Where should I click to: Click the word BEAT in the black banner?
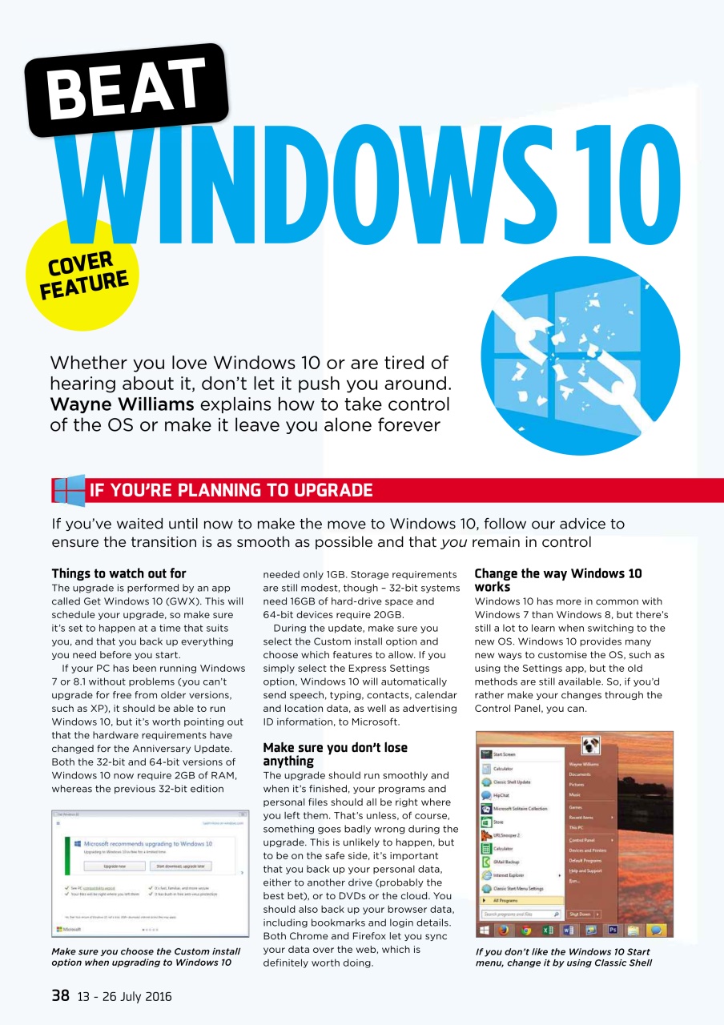[127, 90]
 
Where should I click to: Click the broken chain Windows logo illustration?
[579, 356]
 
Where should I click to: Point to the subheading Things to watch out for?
[119, 573]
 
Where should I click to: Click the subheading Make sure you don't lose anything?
[335, 754]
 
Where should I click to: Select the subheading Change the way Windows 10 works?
[557, 580]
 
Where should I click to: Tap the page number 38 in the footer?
[60, 996]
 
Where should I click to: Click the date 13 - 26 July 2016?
[124, 997]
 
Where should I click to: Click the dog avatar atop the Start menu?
[592, 746]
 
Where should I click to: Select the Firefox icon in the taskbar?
[504, 931]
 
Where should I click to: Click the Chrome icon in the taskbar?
[525, 931]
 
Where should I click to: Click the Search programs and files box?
[521, 914]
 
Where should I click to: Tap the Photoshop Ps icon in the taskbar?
[613, 931]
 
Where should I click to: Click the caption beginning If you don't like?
[563, 957]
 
